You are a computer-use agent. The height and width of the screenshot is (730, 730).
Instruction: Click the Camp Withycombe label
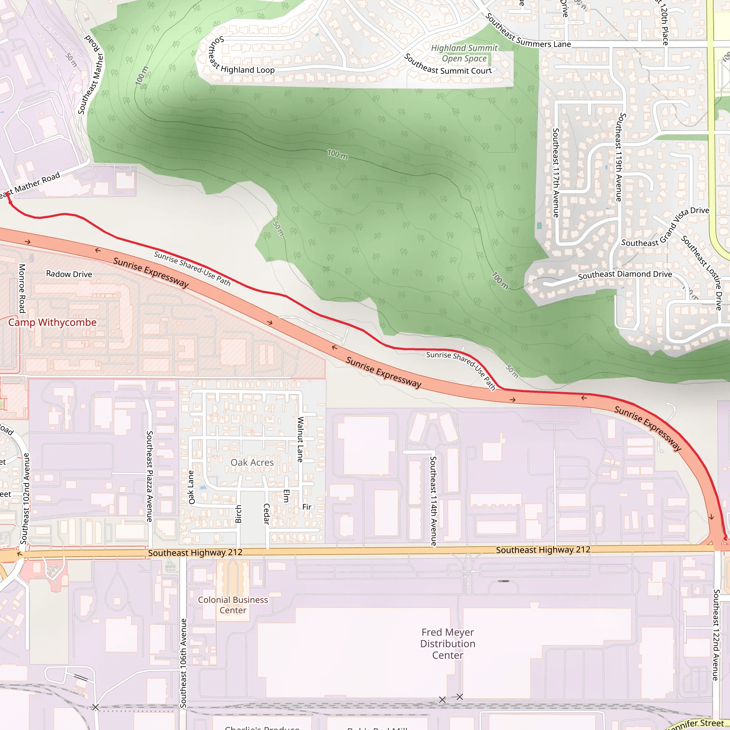coord(52,322)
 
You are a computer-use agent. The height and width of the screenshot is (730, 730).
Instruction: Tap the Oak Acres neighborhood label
coord(252,462)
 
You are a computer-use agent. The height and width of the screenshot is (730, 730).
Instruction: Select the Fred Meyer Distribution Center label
coord(448,643)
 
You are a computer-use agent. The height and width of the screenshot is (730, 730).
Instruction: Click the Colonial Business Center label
coord(233,605)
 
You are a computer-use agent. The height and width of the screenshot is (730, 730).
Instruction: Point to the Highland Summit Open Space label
coord(464,53)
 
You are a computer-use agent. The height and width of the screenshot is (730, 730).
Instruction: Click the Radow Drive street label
coord(69,274)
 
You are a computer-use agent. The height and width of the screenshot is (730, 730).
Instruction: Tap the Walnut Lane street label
coord(300,439)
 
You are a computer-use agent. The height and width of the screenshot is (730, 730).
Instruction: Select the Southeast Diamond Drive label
coord(625,275)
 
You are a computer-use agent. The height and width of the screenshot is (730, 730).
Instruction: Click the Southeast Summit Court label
coord(448,65)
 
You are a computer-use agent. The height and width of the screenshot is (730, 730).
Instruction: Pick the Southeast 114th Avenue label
coord(433,501)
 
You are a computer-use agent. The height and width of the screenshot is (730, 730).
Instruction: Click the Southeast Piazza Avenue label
coord(150,477)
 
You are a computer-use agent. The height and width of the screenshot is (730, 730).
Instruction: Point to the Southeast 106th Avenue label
coord(183,663)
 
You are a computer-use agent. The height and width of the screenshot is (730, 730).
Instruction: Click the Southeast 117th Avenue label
coord(556,173)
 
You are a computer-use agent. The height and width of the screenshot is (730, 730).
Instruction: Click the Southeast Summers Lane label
coord(528,32)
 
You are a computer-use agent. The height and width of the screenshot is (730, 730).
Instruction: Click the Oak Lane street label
coord(191,487)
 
